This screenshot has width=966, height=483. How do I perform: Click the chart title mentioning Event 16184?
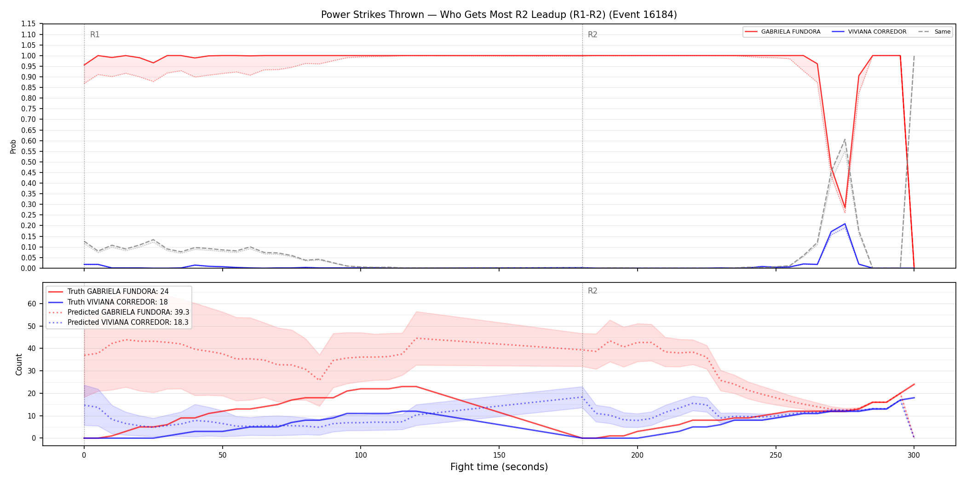pos(499,15)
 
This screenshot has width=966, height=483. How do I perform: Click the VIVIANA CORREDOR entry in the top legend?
pos(869,32)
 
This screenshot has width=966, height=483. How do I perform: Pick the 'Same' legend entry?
pos(934,32)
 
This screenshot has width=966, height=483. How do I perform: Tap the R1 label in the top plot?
pos(95,34)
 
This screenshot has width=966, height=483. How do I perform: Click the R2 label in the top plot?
pos(592,34)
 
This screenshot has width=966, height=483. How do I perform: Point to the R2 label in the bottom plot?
pos(592,291)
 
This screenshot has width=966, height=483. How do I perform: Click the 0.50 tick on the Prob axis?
pos(29,162)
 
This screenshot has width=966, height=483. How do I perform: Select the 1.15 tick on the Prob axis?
pos(29,24)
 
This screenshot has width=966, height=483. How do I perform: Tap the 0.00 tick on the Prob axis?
pos(29,268)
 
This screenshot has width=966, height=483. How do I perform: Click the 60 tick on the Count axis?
pos(32,304)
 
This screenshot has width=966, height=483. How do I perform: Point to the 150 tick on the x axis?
pos(499,455)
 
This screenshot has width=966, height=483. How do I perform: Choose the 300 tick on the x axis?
pos(914,455)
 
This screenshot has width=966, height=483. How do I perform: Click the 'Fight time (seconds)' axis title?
pos(499,467)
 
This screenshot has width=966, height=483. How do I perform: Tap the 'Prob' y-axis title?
pos(13,146)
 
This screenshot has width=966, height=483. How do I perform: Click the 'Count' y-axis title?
pos(19,364)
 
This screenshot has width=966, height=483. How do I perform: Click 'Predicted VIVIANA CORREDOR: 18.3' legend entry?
pos(119,322)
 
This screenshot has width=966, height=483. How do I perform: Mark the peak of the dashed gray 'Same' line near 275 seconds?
pos(845,139)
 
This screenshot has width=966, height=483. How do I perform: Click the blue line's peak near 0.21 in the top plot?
pos(845,224)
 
